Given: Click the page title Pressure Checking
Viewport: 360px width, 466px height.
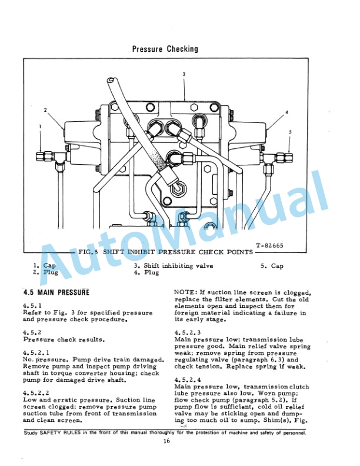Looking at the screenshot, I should coord(165,49).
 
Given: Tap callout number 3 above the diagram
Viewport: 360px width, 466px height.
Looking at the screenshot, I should coord(184,74).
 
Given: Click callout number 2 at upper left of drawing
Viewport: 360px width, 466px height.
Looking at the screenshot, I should coord(45,110).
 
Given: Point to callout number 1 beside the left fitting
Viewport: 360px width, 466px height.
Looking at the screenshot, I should coord(40,126).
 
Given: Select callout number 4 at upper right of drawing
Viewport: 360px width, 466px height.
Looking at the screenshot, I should coord(286,112).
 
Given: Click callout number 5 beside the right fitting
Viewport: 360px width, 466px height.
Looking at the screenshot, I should coord(290,132).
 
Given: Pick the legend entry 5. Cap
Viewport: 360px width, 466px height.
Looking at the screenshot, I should coord(272,266).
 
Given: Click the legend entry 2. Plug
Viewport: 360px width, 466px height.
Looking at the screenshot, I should coord(44,272).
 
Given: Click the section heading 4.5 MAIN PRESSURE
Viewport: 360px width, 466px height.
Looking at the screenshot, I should coord(56,292).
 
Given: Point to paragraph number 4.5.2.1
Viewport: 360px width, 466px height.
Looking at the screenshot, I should coord(35,352).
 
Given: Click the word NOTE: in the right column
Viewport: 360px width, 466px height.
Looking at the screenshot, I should coord(186,292).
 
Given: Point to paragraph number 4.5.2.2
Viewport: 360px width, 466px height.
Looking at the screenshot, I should coord(35,392).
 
